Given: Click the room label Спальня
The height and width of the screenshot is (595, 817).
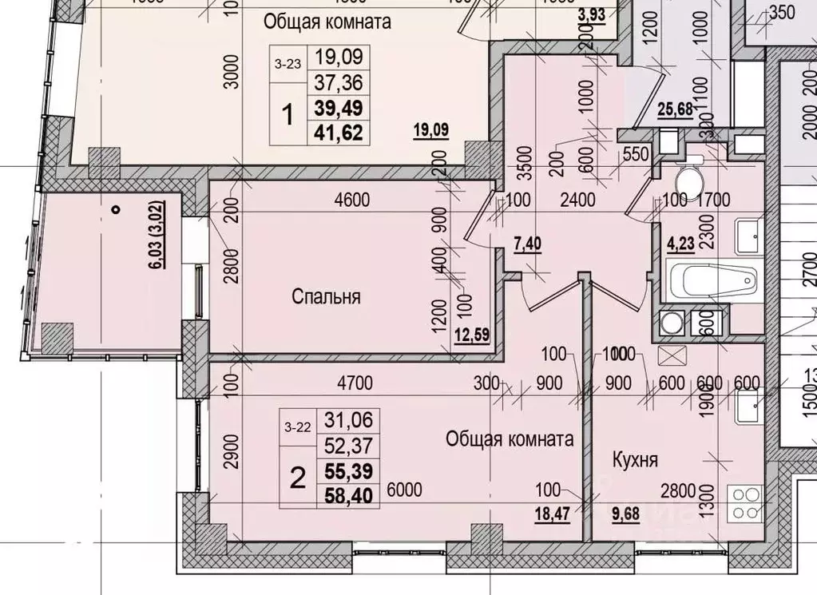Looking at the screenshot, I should pyautogui.click(x=326, y=297).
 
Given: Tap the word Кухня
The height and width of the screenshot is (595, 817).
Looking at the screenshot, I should pyautogui.click(x=635, y=460).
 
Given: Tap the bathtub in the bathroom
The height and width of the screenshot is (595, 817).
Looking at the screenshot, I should pyautogui.click(x=712, y=282).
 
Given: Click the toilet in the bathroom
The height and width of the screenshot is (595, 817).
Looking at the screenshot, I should pyautogui.click(x=688, y=177).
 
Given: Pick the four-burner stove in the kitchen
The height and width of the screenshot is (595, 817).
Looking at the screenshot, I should pyautogui.click(x=744, y=503).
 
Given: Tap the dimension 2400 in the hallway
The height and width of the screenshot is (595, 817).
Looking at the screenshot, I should pyautogui.click(x=577, y=200).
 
